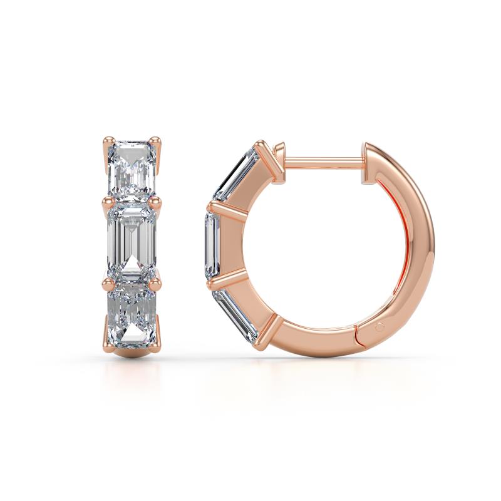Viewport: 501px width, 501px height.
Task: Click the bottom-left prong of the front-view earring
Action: (107, 332)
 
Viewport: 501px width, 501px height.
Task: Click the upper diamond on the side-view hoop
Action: (236, 173)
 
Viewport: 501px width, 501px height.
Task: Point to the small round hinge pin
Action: (380, 327)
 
